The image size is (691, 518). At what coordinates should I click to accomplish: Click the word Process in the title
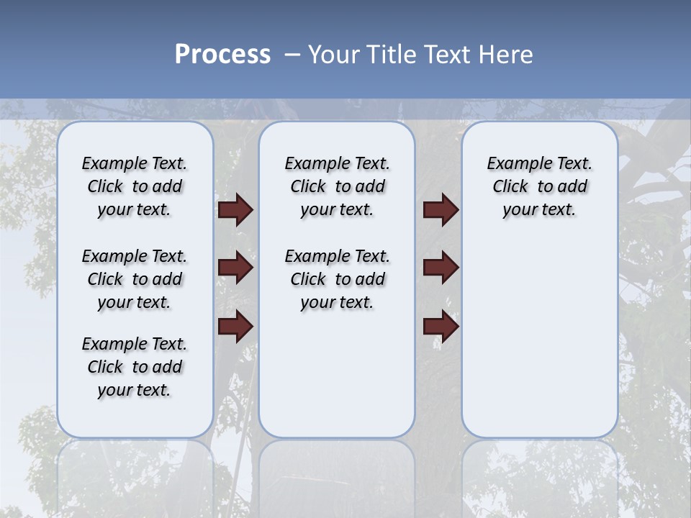coord(222,55)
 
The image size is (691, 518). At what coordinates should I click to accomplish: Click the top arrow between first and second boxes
coord(235,210)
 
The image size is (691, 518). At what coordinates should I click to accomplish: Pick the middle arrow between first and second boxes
coord(235,268)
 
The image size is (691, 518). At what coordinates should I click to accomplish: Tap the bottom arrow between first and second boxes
coord(235,326)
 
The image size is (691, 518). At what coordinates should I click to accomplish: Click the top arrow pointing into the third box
coord(441,210)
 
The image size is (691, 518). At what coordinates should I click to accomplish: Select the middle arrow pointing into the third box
coord(441,268)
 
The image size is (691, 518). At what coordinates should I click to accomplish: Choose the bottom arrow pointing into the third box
coord(441,326)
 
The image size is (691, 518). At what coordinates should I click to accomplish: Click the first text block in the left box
coord(135,186)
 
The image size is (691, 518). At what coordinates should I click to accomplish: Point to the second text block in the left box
coord(135,279)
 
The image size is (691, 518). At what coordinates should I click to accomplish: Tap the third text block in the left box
coord(135,367)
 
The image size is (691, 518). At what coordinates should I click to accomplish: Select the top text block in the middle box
coord(337,186)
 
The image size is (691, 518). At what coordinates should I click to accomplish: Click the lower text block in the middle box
coord(337,279)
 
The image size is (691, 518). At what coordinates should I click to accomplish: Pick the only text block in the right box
coord(539,186)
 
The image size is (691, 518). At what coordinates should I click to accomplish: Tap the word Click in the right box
coord(510,187)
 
